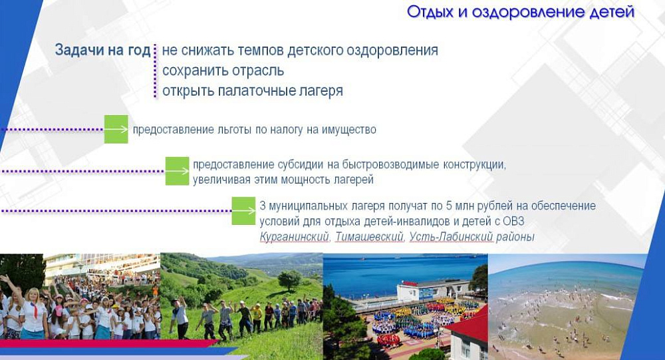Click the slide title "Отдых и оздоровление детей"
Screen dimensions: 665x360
pos(521,12)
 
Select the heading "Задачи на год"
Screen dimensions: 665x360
pos(102,50)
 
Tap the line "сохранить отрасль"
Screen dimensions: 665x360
pos(223,71)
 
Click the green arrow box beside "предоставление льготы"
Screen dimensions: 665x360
pos(116,129)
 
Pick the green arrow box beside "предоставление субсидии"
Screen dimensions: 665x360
pos(178,171)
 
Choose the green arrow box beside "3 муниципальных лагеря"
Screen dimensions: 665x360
pos(243,210)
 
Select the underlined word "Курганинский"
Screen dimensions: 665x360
pos(295,237)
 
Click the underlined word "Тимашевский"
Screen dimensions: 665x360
pos(369,237)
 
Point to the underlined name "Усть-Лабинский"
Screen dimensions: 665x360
pos(451,236)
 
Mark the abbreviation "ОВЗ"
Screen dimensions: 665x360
pos(513,221)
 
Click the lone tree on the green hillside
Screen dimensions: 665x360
pos(290,280)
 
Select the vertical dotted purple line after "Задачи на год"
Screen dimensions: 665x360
pos(155,71)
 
